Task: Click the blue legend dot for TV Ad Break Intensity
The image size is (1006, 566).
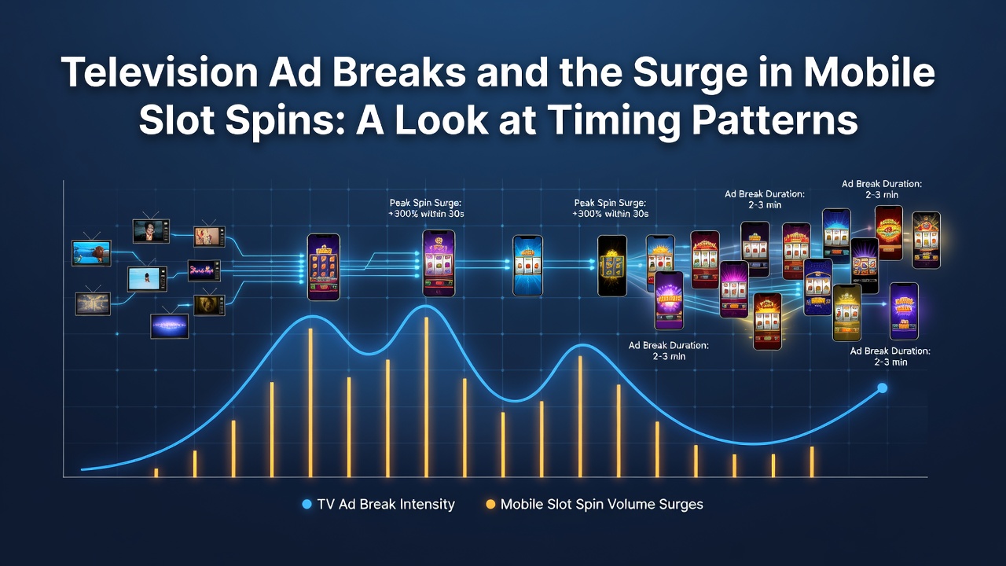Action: point(307,505)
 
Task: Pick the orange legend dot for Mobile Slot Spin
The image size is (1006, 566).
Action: point(490,505)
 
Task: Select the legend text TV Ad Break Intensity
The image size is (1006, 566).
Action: point(386,505)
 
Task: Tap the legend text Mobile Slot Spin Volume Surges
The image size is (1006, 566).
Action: point(602,505)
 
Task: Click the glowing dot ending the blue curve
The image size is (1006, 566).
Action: point(883,388)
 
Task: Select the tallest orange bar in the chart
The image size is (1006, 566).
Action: point(426,397)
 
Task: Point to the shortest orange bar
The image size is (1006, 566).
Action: point(156,472)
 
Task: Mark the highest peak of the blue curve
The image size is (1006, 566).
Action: point(425,306)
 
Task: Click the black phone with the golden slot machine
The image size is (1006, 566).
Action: point(611,266)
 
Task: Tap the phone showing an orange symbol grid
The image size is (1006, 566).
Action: point(323,266)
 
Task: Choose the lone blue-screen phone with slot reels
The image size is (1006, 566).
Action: point(527,266)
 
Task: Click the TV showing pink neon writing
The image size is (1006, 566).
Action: point(204,270)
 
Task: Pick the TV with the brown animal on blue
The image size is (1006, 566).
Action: point(92,253)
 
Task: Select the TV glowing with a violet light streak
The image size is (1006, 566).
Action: point(169,325)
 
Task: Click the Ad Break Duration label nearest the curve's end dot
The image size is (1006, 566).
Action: point(890,356)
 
